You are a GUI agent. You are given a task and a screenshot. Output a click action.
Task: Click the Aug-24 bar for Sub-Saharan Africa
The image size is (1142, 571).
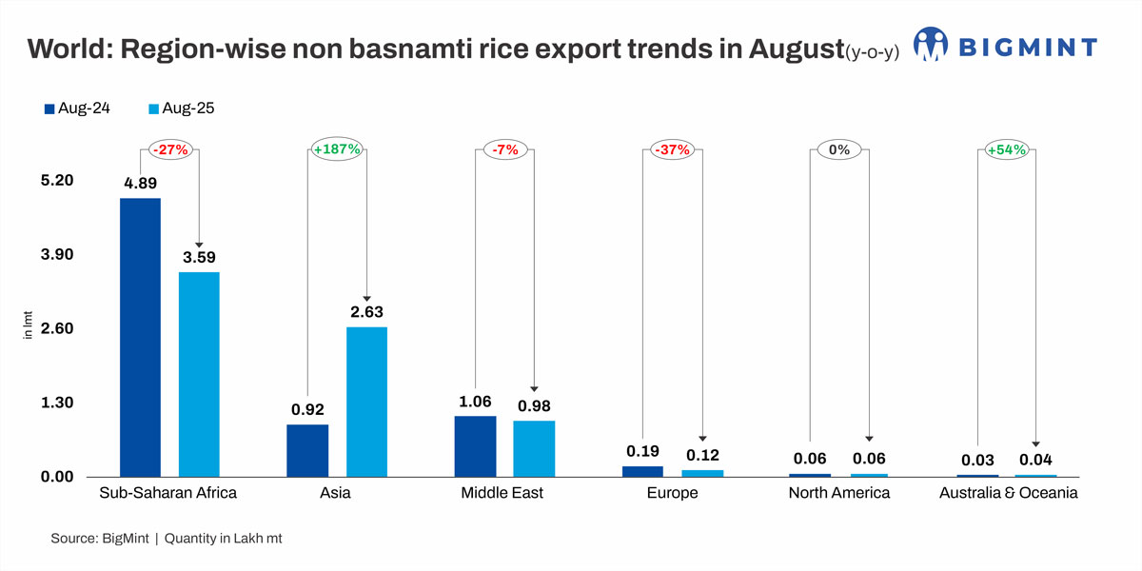140,337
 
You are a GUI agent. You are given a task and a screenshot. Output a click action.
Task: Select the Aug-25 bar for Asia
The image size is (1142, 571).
366,402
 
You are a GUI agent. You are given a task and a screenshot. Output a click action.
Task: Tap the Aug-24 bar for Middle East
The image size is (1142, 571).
475,446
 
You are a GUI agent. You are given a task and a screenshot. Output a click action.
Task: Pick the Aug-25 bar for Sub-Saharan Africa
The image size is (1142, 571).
199,374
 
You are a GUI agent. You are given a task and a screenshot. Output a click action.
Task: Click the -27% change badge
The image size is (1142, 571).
170,150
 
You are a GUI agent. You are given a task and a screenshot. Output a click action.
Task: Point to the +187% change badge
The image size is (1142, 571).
337,150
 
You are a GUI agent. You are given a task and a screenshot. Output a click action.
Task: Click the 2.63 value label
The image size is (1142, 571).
366,312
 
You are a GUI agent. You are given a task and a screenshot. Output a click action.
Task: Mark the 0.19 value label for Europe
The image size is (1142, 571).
642,451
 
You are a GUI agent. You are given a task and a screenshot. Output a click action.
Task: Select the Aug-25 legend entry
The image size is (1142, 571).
180,108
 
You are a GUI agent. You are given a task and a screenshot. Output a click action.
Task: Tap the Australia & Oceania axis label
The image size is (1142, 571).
1008,493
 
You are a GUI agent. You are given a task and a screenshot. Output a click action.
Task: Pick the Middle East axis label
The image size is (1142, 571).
502,493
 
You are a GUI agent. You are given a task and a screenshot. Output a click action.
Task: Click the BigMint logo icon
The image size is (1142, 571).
930,45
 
